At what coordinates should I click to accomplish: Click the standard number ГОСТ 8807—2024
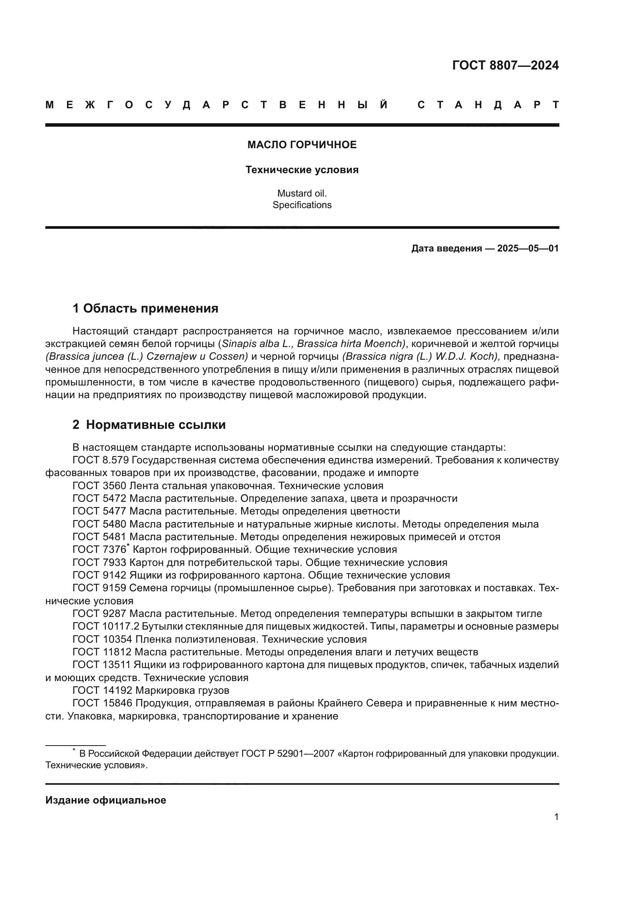505,65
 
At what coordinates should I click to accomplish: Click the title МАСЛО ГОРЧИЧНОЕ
302,145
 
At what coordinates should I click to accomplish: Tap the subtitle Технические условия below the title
302,170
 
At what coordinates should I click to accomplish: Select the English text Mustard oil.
302,193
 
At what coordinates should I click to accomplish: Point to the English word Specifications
302,205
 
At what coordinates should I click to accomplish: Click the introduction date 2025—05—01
528,248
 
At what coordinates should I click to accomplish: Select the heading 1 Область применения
146,309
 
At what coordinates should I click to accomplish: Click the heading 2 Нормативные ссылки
149,425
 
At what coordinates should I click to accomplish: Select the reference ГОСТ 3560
99,486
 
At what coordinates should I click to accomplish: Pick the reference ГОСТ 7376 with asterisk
101,549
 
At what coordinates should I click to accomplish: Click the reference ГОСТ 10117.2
106,626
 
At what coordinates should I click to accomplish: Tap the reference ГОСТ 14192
102,690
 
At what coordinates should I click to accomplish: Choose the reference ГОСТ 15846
102,703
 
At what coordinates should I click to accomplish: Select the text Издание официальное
106,800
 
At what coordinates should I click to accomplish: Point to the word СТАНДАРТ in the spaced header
488,105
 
